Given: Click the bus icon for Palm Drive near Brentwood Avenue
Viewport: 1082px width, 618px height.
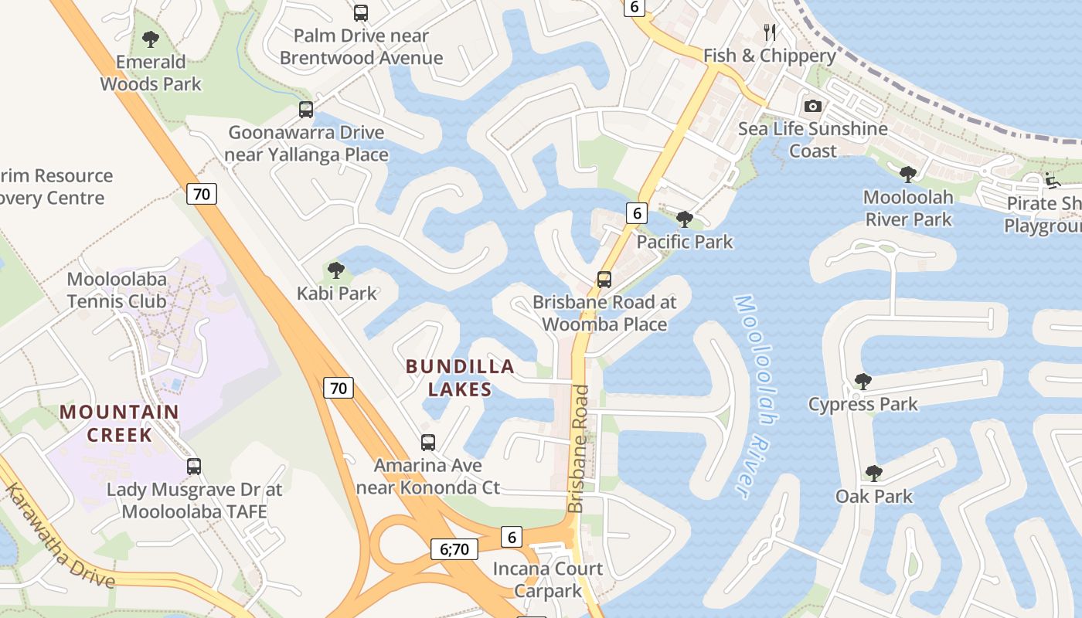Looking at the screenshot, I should click(361, 12).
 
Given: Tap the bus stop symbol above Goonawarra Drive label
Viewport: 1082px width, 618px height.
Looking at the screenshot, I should click(306, 110).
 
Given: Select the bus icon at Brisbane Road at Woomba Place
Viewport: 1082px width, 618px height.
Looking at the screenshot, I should click(604, 279).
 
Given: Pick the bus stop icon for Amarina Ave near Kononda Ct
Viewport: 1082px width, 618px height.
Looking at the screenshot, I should click(428, 443).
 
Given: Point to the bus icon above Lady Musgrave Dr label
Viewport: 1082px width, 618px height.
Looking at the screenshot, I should click(194, 466).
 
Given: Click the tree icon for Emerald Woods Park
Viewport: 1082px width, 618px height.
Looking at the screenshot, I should click(151, 39).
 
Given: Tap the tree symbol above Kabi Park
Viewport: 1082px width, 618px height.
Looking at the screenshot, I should click(335, 270).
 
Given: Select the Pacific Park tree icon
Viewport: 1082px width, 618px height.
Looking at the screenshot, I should click(684, 219).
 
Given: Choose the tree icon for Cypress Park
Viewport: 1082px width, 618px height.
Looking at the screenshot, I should click(863, 381).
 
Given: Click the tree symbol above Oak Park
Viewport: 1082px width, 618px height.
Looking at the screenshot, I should click(873, 473).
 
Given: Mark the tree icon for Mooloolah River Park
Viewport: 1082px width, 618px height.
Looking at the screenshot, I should click(908, 174).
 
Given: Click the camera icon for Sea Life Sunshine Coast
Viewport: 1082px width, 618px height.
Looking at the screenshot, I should click(812, 106).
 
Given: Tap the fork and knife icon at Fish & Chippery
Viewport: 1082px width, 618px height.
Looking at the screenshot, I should click(769, 32).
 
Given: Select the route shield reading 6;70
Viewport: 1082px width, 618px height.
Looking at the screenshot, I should click(454, 549).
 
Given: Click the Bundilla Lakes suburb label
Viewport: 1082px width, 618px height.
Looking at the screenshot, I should click(460, 377).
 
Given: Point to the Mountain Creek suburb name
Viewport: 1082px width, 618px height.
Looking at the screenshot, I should click(119, 423).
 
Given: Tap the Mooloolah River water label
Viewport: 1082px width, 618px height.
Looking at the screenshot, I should click(754, 394).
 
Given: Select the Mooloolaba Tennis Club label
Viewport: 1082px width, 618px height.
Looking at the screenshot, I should click(117, 290).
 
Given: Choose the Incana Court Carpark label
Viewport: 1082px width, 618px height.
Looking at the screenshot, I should click(548, 579).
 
